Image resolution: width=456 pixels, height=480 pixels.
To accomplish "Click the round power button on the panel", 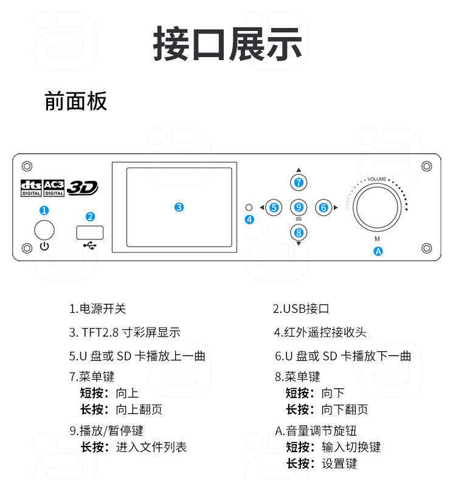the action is point(44,230).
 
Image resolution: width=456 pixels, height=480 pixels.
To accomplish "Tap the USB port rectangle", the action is point(90,232).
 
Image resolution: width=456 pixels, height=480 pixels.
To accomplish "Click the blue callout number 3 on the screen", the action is point(179,207).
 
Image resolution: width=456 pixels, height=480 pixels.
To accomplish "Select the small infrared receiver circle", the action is point(249,208).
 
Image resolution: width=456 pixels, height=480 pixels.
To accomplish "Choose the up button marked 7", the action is point(299,182).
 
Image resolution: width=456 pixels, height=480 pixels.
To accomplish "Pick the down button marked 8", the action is point(299,233).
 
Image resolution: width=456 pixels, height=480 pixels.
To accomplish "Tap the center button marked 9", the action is point(299,208).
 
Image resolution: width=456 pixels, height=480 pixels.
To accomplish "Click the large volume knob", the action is point(377,207).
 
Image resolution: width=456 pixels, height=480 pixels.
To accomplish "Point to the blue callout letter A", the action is point(378,252).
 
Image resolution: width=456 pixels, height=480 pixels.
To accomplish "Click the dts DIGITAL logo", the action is point(31,188).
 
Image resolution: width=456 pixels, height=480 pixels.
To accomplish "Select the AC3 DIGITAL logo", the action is point(54,188).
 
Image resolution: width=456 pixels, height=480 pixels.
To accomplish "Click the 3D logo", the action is point(82,187).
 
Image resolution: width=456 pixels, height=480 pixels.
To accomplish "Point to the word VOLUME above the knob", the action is point(377,179).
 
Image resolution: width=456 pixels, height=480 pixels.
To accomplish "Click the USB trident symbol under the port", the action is point(90,245).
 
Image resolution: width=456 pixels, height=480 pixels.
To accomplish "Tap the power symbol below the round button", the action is point(44,246).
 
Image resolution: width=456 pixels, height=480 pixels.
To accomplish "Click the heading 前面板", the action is point(75,101).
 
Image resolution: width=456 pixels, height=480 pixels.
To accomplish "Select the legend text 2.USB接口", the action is point(301,309).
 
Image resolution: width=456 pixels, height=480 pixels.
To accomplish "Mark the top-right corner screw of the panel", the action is point(427,166).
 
